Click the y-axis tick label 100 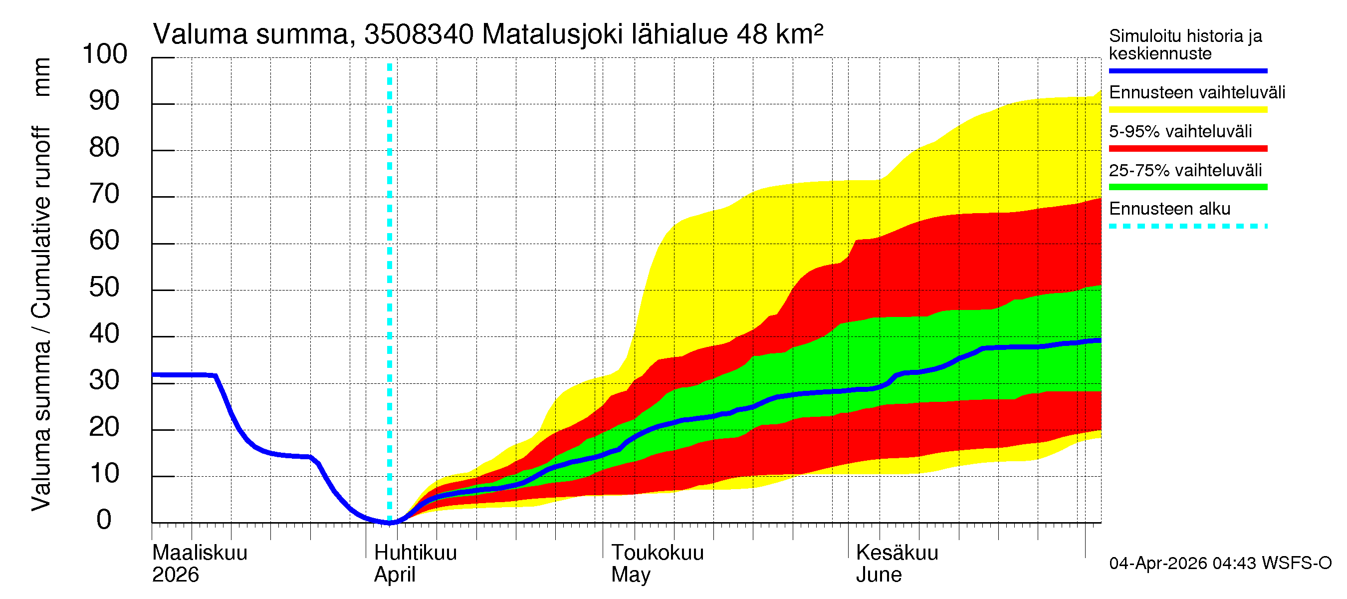[x=105, y=54]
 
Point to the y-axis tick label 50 [x=105, y=287]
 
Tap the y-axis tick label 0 [x=104, y=520]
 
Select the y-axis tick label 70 [x=105, y=194]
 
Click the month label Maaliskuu [x=200, y=553]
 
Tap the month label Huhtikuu [x=415, y=553]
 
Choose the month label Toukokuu [x=658, y=553]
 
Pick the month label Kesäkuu [x=897, y=553]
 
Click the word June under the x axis [x=879, y=575]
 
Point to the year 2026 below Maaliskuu [x=175, y=575]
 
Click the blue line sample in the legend [x=1187, y=70]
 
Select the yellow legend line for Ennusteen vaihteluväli [x=1187, y=110]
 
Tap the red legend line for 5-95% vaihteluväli [x=1187, y=149]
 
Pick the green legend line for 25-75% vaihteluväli [x=1187, y=187]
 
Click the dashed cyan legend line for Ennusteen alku [x=1187, y=227]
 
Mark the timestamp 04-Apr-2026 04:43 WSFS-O [x=1220, y=564]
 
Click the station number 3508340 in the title [x=419, y=34]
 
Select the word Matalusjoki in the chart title [x=552, y=34]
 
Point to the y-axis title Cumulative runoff [x=42, y=222]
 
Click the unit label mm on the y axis [x=42, y=77]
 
